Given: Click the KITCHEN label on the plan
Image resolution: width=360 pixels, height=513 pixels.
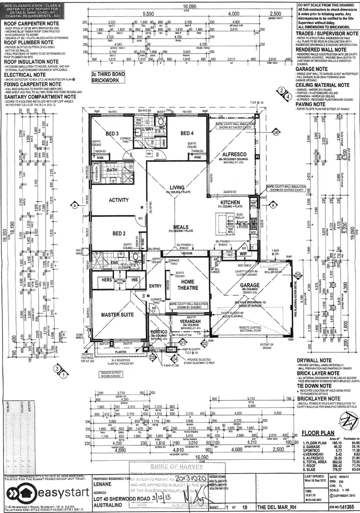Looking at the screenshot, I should point(230,203).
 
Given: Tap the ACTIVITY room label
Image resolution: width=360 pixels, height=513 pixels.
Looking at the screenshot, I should point(119,200).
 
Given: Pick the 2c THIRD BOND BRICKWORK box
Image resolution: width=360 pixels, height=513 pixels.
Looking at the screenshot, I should point(112,77).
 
